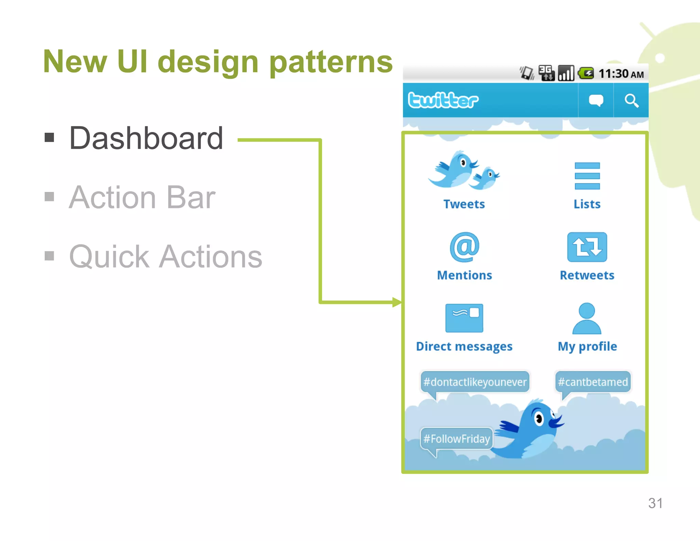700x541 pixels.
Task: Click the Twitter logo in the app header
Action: click(x=443, y=100)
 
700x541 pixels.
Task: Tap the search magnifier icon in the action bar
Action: click(x=631, y=101)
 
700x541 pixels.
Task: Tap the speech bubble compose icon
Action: click(x=596, y=101)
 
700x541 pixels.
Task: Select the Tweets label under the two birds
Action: click(x=464, y=204)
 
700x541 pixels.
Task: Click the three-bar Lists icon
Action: click(x=587, y=176)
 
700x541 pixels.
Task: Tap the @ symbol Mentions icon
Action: click(x=465, y=247)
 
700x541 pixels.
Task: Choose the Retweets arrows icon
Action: click(x=587, y=247)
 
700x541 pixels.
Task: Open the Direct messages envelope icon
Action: click(x=464, y=318)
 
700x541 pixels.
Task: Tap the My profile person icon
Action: click(x=587, y=318)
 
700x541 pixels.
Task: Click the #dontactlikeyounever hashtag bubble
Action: click(x=475, y=382)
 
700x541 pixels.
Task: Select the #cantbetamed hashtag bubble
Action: click(x=593, y=382)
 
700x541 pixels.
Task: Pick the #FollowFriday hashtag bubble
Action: click(x=456, y=438)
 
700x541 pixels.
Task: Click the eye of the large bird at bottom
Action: click(x=539, y=418)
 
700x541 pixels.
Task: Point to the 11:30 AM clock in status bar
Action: click(x=621, y=74)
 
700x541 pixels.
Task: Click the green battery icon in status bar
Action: click(x=586, y=73)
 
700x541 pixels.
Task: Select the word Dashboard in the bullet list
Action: click(x=146, y=138)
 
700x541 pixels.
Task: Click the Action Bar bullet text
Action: click(x=142, y=197)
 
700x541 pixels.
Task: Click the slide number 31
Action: click(x=655, y=503)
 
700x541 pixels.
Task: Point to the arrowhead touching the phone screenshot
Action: click(x=397, y=302)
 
